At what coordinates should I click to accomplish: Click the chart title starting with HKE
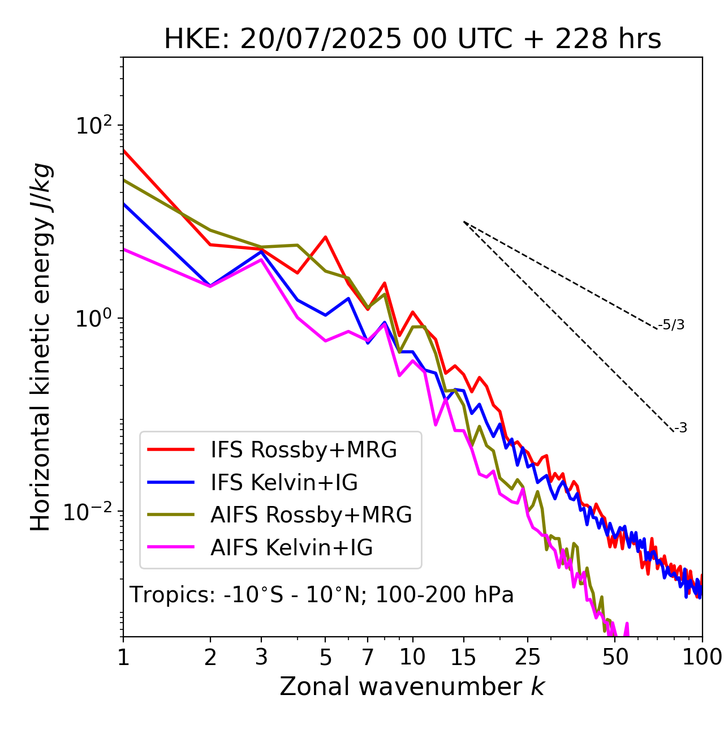tap(412, 40)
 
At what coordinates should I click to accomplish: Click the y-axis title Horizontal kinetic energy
tap(41, 347)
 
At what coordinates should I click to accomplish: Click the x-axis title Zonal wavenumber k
tap(412, 687)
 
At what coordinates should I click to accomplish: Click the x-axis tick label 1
tap(123, 657)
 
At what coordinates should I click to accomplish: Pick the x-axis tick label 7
tap(368, 657)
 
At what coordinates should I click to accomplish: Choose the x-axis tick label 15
tap(463, 657)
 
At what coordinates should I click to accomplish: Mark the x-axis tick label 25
tap(527, 657)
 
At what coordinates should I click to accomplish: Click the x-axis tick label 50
tap(615, 657)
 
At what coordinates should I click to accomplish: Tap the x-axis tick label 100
tap(702, 657)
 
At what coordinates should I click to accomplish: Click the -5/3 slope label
tap(671, 325)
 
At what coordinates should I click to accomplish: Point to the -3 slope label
tap(680, 428)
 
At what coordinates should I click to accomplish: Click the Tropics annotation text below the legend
tap(322, 595)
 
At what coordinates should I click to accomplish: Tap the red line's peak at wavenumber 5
tap(325, 237)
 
